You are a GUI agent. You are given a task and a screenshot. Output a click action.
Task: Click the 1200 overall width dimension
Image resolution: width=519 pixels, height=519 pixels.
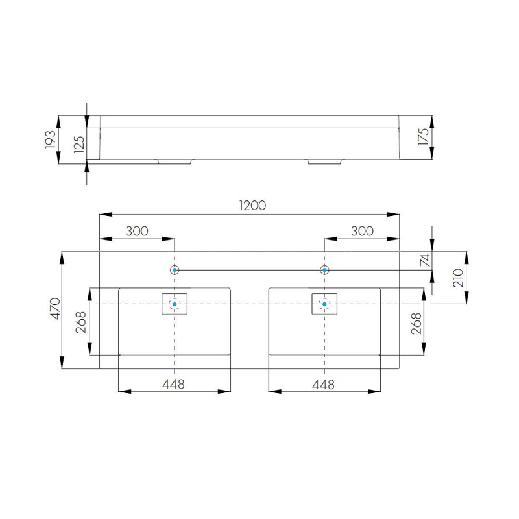[252, 206]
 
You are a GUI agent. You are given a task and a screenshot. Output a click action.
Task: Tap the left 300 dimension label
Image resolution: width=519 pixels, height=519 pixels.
[137, 231]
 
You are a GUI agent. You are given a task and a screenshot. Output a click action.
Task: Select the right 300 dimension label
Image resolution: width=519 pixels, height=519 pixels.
[362, 231]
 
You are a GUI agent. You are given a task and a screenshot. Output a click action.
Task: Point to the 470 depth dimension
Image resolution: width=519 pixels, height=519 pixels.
[55, 309]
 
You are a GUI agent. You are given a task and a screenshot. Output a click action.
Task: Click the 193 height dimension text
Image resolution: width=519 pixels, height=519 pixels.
[51, 139]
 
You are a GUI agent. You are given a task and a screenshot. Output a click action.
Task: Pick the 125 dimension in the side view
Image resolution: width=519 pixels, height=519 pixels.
[79, 144]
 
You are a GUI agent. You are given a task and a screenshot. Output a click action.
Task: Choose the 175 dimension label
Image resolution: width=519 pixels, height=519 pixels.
[424, 136]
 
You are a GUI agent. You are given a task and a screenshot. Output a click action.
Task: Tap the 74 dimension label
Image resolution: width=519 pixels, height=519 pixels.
[425, 260]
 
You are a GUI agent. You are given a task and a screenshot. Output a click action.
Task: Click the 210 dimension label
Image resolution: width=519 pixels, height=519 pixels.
[458, 278]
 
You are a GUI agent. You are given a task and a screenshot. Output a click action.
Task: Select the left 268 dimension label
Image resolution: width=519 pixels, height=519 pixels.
[81, 322]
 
